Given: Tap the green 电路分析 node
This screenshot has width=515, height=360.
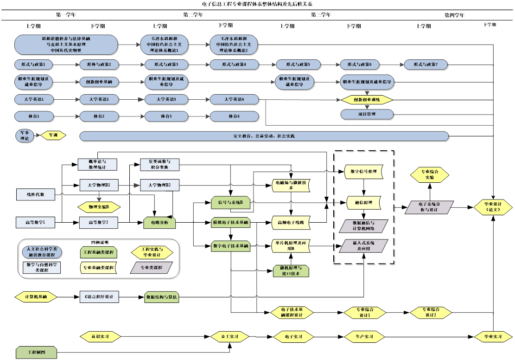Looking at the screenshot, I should click(159, 223).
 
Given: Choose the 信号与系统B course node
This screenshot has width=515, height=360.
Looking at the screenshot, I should click(230, 202).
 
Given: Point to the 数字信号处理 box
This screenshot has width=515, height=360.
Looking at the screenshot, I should click(363, 172).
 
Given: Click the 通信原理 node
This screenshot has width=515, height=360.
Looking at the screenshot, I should click(363, 203).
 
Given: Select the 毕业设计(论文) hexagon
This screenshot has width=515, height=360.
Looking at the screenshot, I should click(492, 207).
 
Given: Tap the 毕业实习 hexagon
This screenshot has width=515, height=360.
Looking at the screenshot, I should click(492, 336).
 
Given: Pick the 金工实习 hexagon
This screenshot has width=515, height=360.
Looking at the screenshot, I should click(230, 336).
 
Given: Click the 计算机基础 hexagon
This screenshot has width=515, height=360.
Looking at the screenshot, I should click(36, 296).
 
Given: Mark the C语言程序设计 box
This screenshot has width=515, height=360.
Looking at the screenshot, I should click(99, 296).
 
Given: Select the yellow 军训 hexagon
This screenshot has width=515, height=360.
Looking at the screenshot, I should click(53, 135).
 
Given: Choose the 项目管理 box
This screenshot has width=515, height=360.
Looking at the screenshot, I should click(367, 114).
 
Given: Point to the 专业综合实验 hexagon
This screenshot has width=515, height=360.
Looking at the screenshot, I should click(430, 174).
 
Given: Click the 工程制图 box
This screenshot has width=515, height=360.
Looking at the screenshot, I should click(36, 353).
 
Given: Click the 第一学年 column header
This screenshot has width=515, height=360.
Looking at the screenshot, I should click(66, 15).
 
